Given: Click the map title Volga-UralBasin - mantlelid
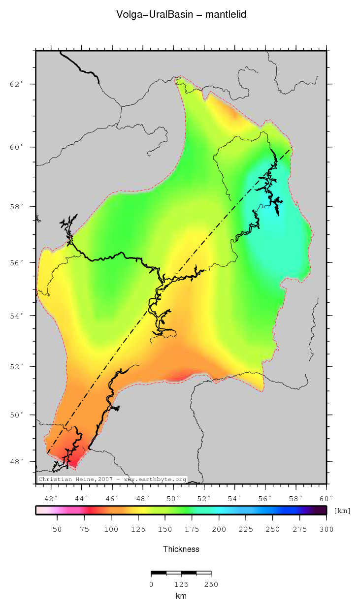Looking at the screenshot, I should click(x=181, y=15).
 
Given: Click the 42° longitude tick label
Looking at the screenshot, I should click(x=51, y=498).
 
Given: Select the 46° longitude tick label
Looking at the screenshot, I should click(x=112, y=498).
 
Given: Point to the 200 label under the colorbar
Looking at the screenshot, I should click(x=219, y=529).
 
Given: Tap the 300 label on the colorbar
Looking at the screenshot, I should click(x=326, y=529).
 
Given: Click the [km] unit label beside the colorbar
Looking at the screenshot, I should click(x=342, y=511).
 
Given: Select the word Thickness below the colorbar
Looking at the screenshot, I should click(x=181, y=549).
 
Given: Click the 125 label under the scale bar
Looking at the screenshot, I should click(x=181, y=584).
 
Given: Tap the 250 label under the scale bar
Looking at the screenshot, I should click(x=211, y=584).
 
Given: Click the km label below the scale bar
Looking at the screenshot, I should click(x=181, y=596).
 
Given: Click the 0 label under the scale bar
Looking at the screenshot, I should click(x=151, y=584).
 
